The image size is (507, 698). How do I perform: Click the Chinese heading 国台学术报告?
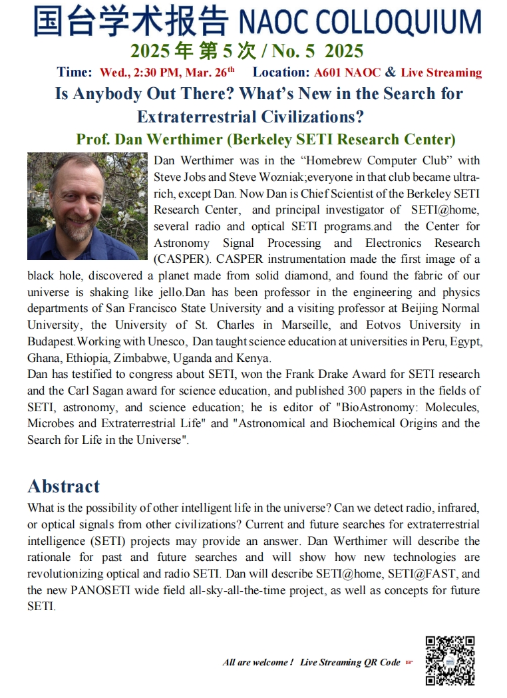[x=130, y=21]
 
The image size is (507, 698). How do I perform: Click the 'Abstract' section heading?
[x=63, y=486]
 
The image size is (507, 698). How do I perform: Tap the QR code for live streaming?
[x=450, y=660]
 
